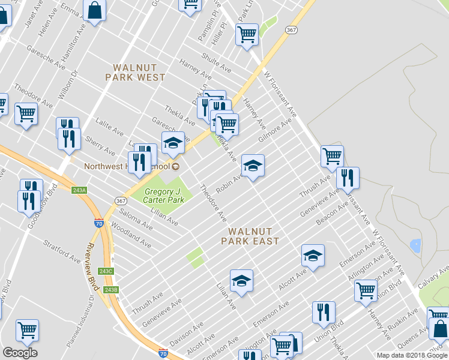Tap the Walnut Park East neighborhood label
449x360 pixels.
click(250, 236)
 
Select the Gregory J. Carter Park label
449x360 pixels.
click(164, 196)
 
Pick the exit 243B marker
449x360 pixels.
click(110, 290)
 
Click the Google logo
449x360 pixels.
click(20, 353)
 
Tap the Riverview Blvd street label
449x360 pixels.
click(92, 268)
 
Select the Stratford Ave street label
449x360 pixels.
click(62, 252)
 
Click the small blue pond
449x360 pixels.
click(415, 245)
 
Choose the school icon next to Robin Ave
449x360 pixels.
click(253, 166)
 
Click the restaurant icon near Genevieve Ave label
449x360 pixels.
click(348, 178)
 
